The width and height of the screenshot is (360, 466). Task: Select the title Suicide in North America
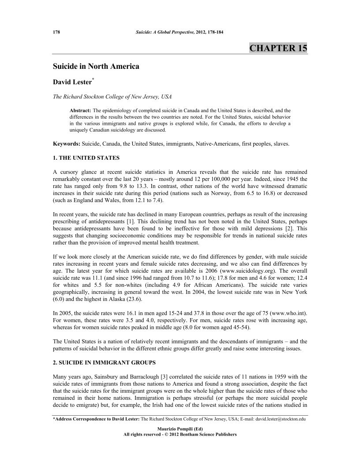(x=96, y=67)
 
